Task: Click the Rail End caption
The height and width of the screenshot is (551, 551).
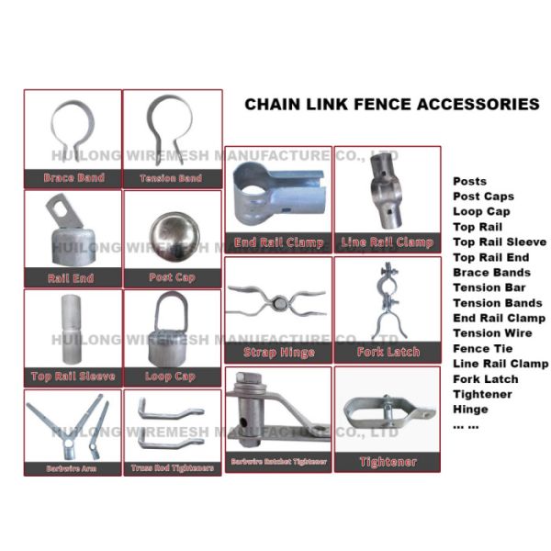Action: (72, 277)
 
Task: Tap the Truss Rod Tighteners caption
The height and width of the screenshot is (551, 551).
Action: (172, 468)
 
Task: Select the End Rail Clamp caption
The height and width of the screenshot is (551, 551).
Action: (277, 242)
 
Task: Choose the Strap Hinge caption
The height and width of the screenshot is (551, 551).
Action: (277, 353)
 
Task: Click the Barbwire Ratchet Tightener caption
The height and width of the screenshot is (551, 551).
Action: (277, 460)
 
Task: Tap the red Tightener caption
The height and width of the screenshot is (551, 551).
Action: (388, 462)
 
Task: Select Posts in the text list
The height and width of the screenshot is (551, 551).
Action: (469, 182)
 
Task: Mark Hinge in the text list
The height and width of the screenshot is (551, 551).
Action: (470, 410)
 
